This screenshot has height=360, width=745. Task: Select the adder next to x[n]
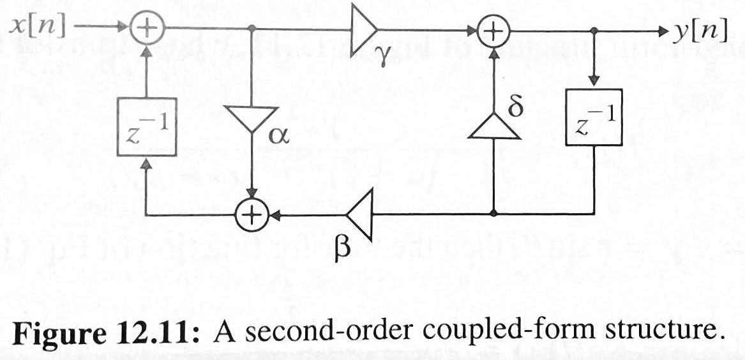coord(147,28)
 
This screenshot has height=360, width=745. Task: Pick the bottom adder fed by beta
coord(252,214)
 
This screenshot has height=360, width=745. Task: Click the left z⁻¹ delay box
coord(147,126)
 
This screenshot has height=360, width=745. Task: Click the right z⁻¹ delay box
coord(594,116)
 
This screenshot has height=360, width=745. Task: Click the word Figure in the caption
coord(62,332)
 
